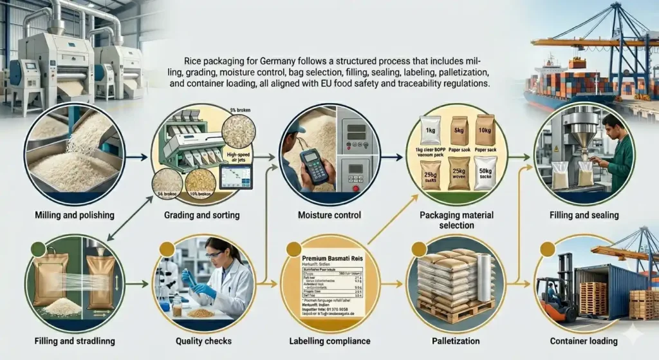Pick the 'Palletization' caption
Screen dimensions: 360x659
(x=456, y=341)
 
